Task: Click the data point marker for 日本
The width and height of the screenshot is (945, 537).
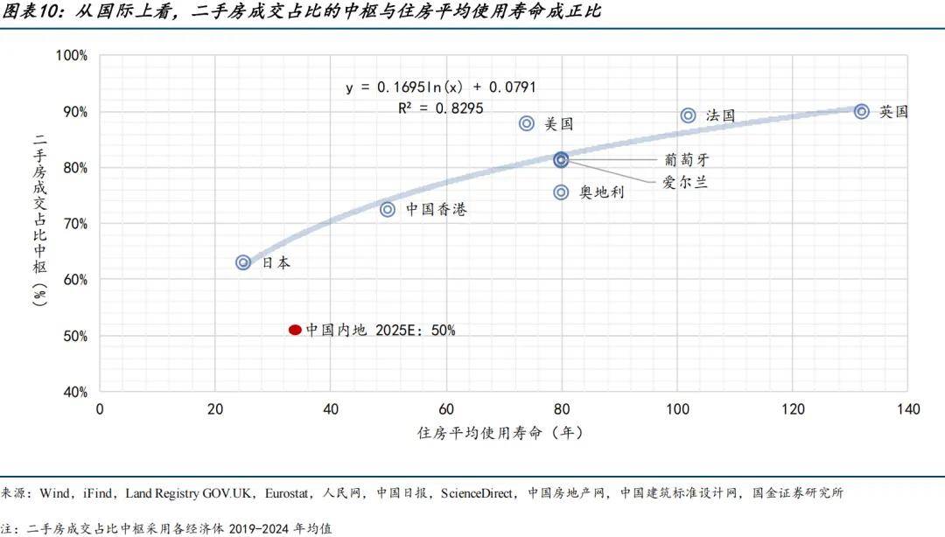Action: [x=243, y=262]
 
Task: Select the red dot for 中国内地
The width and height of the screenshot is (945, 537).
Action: [x=295, y=330]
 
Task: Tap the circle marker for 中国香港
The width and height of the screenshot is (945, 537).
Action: [x=388, y=210]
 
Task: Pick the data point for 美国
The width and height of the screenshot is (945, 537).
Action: [x=527, y=123]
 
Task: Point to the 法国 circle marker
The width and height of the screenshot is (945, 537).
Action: [x=689, y=115]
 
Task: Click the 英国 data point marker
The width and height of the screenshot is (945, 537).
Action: [x=862, y=111]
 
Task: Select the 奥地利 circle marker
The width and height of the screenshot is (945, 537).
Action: [x=562, y=192]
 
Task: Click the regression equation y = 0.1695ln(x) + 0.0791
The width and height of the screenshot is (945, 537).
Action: [x=440, y=87]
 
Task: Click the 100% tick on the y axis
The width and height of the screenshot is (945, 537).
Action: [x=71, y=55]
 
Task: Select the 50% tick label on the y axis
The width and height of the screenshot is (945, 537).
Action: [x=73, y=336]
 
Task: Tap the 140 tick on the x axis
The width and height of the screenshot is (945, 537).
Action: [x=907, y=409]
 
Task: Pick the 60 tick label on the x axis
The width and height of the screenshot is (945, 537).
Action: [x=446, y=409]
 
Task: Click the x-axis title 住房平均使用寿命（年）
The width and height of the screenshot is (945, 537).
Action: [x=500, y=433]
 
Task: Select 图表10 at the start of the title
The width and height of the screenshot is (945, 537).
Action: [x=28, y=12]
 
